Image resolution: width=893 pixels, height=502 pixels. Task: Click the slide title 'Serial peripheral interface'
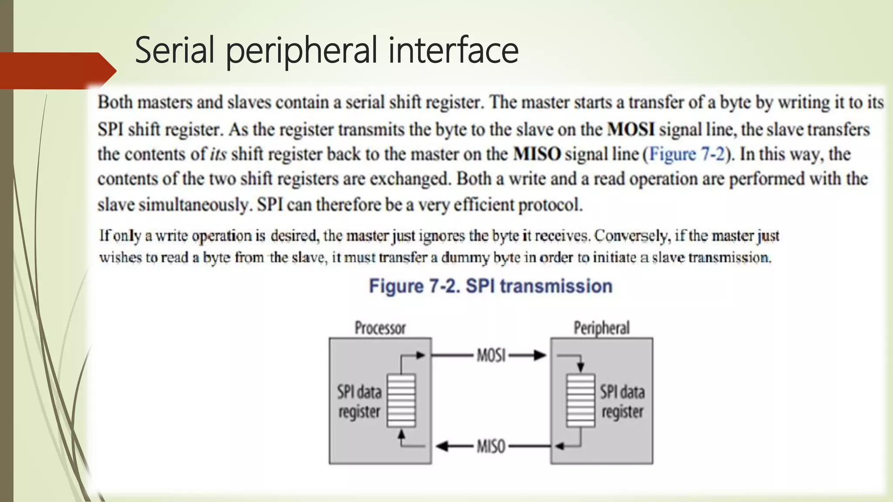[327, 51]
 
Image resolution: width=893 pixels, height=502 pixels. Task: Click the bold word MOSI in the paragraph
[631, 129]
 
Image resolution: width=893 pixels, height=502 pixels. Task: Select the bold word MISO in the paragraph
[537, 154]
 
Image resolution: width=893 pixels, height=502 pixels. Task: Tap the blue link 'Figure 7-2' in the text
[687, 154]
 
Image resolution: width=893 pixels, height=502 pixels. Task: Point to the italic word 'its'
[218, 154]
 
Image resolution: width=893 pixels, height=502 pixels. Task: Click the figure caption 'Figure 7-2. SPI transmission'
[491, 286]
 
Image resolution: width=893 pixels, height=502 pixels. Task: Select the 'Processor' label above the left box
[380, 328]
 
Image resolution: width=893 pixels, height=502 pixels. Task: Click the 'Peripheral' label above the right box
[601, 328]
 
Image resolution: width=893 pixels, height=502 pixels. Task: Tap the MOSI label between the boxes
[491, 356]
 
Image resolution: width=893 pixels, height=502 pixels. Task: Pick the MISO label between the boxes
[491, 446]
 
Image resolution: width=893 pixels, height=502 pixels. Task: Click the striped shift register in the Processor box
[401, 400]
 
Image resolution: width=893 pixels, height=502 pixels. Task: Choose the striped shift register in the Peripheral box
[580, 400]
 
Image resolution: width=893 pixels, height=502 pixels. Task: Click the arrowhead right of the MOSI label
[540, 356]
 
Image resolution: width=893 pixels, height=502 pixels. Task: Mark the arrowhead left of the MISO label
[442, 446]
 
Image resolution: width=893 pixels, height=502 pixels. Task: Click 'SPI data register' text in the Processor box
[359, 401]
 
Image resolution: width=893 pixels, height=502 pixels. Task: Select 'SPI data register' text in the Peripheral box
[622, 401]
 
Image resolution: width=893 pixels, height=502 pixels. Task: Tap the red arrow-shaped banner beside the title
[57, 71]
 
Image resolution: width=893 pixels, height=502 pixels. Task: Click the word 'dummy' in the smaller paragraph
[465, 258]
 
